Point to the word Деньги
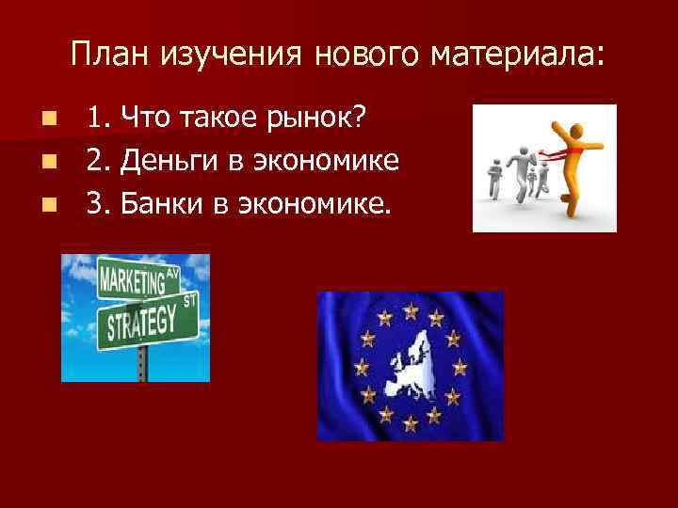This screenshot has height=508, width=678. tap(159, 161)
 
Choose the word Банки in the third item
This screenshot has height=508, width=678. tap(154, 202)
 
